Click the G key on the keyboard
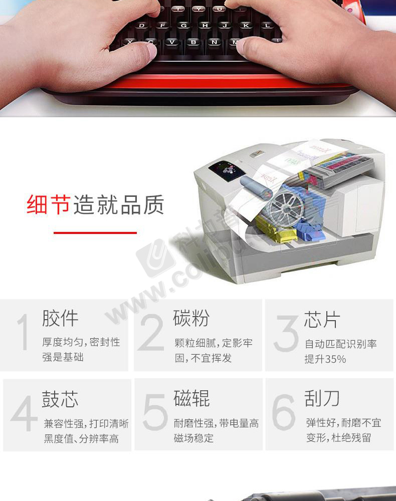[x=183, y=26]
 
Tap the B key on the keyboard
[x=193, y=43]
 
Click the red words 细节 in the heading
[x=49, y=204]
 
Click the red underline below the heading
[x=95, y=233]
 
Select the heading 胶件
[x=61, y=318]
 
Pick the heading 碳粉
[x=191, y=318]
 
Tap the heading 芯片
[x=321, y=320]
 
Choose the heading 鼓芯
[x=60, y=399]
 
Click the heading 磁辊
[x=192, y=398]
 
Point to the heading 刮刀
[x=322, y=398]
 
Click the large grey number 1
[x=24, y=332]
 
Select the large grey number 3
[x=286, y=334]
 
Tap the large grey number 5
[x=155, y=412]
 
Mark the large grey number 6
[x=284, y=412]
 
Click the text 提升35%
[x=325, y=359]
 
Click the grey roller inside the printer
[x=256, y=187]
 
